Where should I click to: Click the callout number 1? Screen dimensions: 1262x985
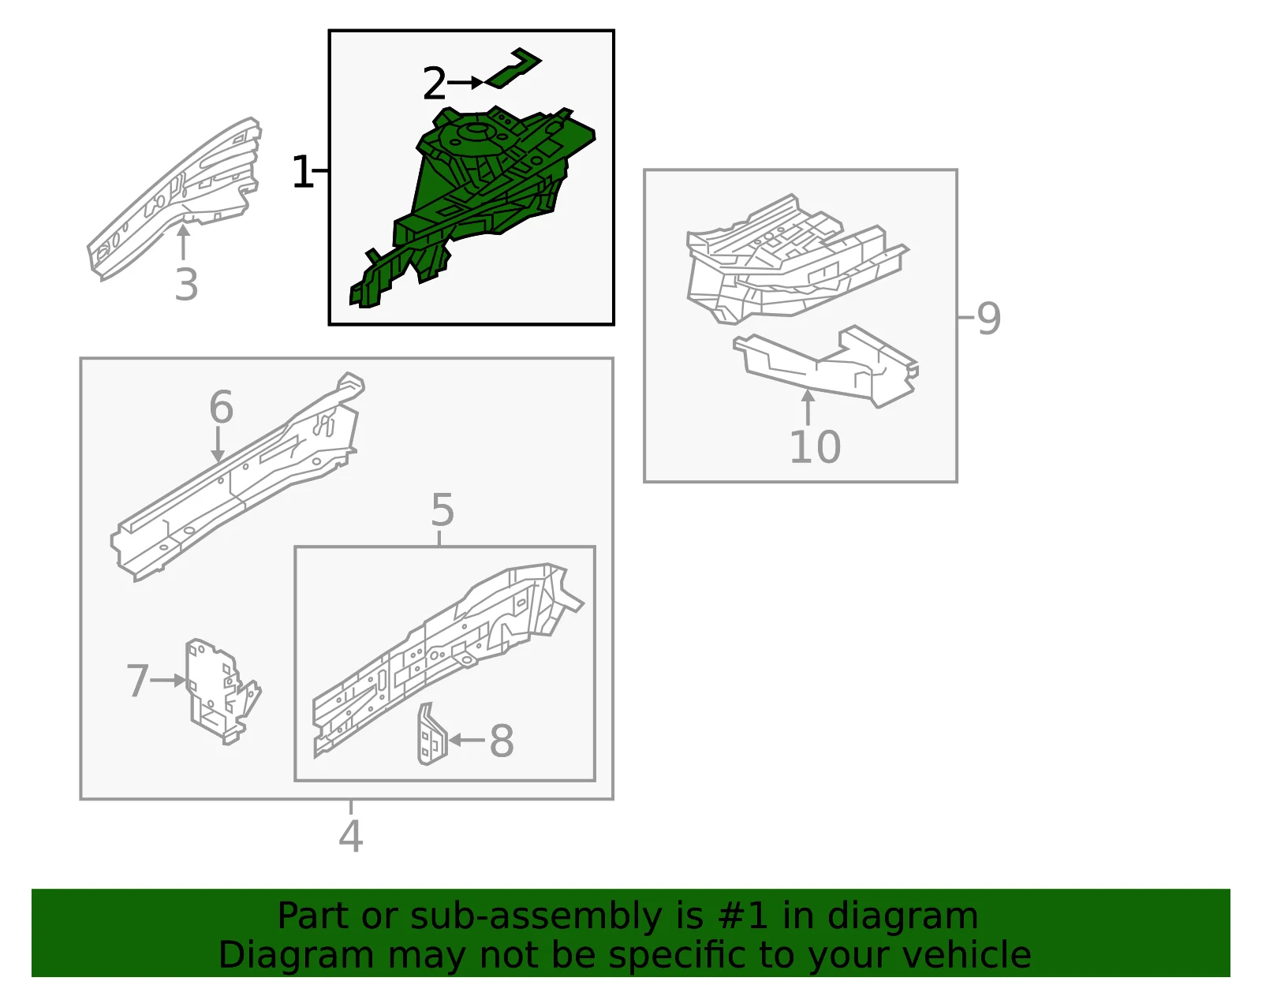tap(303, 171)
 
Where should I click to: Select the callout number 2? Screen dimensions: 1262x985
tap(435, 83)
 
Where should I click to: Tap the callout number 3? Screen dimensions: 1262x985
tap(186, 285)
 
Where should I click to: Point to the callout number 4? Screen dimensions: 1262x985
tap(351, 836)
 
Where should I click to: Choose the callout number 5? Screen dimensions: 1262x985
tap(442, 510)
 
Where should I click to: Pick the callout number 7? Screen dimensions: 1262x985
tap(138, 681)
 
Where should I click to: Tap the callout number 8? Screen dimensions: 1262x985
tap(502, 741)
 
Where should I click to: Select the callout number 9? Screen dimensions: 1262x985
tap(989, 318)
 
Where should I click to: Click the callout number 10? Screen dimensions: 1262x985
tap(815, 447)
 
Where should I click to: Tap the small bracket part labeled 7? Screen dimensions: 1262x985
tap(222, 691)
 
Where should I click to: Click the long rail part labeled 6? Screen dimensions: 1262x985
tap(237, 477)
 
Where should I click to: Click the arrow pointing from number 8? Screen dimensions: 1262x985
tap(467, 740)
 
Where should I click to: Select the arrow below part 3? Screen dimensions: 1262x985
tap(183, 242)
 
